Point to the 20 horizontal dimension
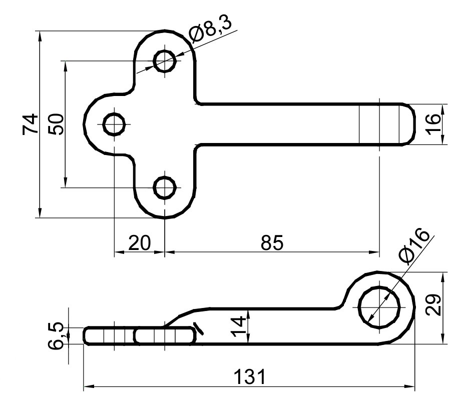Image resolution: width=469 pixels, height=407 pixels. click(139, 243)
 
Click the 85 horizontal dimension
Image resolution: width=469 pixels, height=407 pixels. click(272, 243)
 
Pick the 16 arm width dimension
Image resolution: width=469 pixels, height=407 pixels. click(434, 124)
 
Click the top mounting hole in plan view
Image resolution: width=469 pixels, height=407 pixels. click(165, 61)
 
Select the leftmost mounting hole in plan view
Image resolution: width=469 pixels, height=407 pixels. click(115, 124)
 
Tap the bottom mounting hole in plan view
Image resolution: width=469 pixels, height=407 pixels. click(165, 188)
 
